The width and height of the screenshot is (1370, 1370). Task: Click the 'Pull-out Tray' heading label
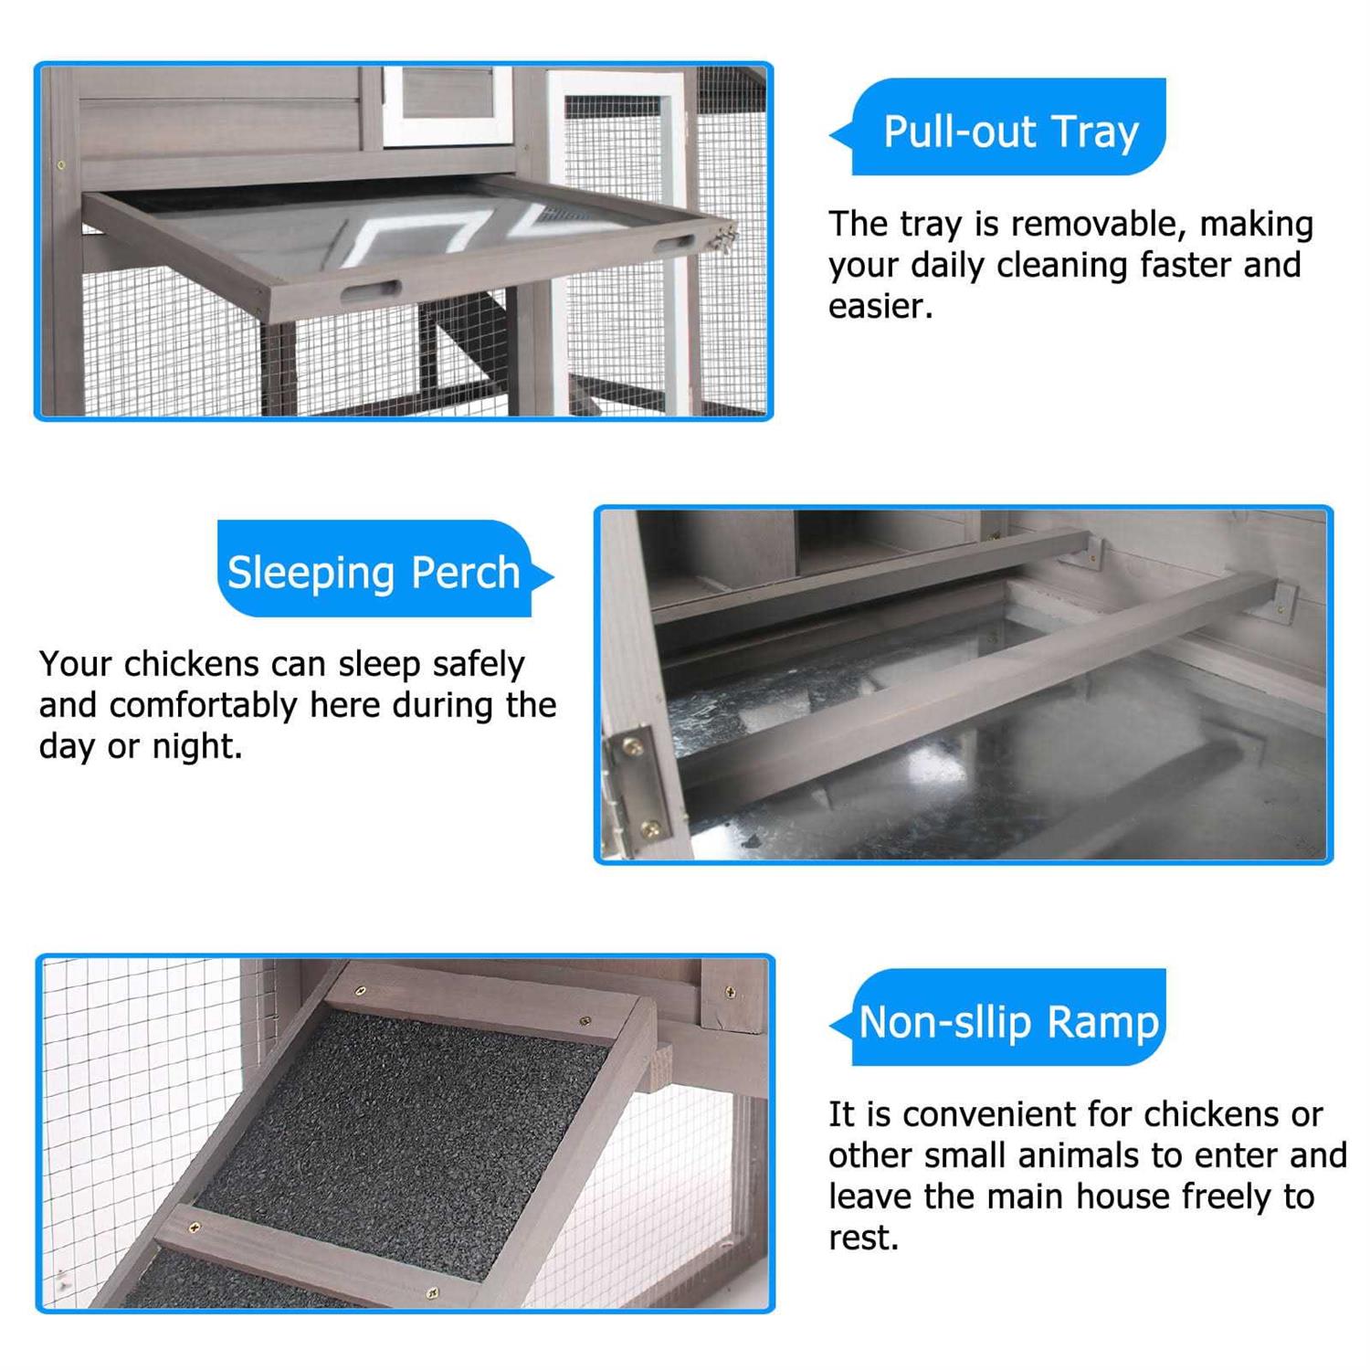[1011, 132]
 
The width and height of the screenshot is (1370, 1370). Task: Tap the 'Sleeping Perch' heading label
[374, 573]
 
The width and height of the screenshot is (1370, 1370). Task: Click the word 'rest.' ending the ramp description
[863, 1238]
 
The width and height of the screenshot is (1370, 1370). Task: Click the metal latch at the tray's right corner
[727, 239]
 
